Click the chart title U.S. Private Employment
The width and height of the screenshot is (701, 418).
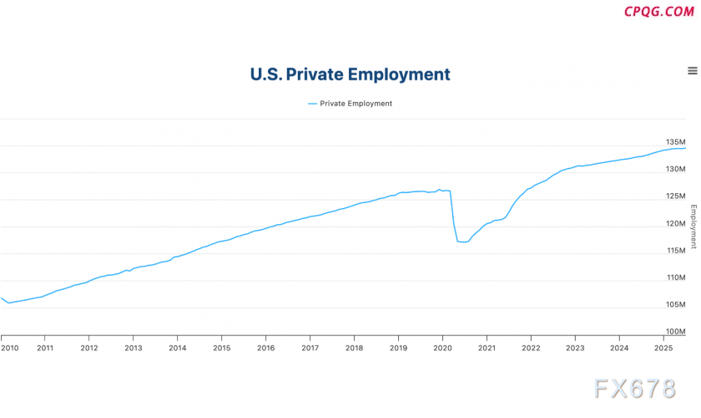tap(350, 74)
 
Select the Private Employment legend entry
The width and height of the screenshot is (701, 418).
tap(350, 104)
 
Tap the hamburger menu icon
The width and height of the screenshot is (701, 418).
tap(692, 71)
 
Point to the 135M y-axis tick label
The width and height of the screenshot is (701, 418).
tap(674, 142)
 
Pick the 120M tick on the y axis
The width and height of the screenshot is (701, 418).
tap(674, 223)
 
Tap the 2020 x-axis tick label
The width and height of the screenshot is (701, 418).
tap(442, 348)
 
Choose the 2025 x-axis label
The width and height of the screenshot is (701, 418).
tap(663, 348)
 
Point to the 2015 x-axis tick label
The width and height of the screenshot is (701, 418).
tap(221, 348)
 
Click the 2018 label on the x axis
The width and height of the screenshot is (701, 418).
tap(354, 348)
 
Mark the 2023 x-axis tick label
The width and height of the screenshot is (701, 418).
tap(575, 348)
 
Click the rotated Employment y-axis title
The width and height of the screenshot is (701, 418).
tap(693, 226)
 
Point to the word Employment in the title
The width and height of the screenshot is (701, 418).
tap(399, 74)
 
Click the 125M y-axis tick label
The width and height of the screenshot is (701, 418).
tap(674, 196)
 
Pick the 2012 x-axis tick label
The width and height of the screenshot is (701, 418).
tap(88, 348)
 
